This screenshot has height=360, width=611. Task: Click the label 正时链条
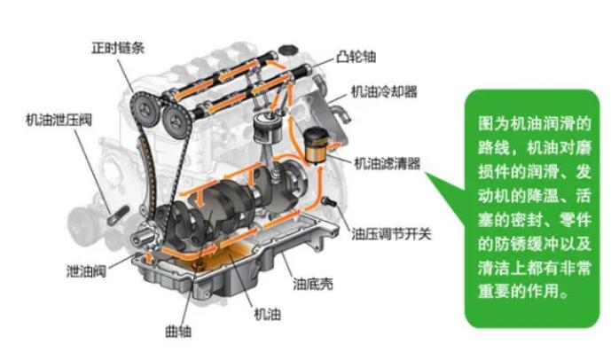[118, 48]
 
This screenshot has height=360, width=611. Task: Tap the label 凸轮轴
[356, 58]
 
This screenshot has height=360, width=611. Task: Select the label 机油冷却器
[384, 91]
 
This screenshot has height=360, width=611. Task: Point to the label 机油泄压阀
[59, 120]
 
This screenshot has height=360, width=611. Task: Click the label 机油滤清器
[387, 163]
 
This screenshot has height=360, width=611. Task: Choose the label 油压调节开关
[392, 234]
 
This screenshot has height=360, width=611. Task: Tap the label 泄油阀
[86, 270]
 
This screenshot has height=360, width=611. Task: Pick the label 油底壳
[313, 284]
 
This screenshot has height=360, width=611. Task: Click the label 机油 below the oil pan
[267, 314]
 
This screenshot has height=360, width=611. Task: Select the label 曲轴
[178, 332]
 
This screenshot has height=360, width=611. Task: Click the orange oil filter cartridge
[315, 146]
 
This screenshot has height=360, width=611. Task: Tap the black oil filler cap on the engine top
[288, 51]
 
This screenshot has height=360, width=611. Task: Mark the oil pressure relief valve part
[118, 215]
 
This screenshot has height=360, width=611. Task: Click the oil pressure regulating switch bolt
[329, 201]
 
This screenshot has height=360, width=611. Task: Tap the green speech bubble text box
[532, 208]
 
